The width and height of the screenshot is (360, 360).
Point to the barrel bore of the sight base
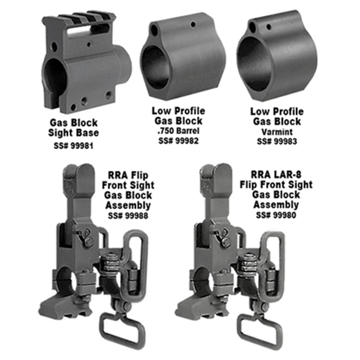tap(55, 78)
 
